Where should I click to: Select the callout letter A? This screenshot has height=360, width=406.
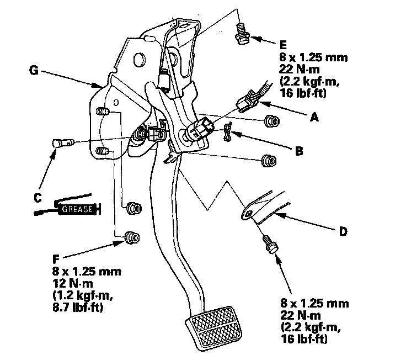pos(315,118)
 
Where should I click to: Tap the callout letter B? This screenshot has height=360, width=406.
pos(298,149)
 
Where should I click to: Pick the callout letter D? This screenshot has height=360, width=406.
pos(343,232)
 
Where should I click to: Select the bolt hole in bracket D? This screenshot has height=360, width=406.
pos(248,214)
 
